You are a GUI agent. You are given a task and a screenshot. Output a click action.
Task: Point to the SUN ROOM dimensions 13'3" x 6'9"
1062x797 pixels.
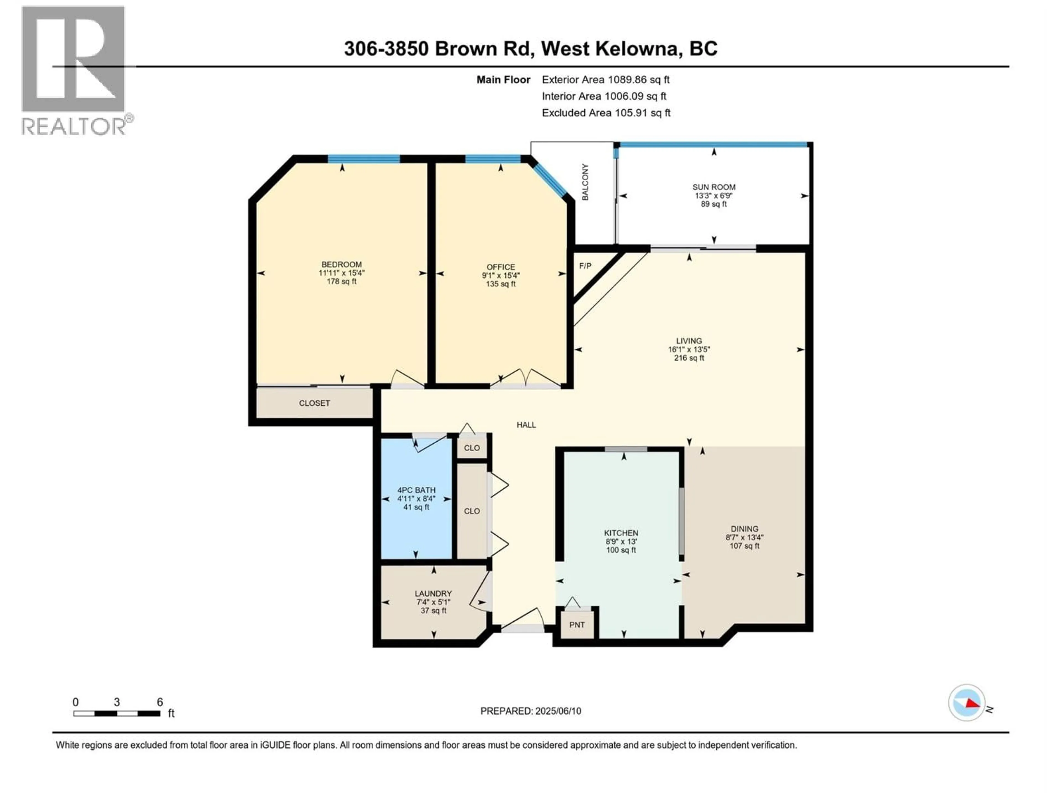click(714, 196)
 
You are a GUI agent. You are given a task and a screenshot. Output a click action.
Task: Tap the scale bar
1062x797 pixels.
click(117, 713)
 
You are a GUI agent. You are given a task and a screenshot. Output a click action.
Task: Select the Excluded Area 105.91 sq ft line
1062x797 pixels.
click(606, 113)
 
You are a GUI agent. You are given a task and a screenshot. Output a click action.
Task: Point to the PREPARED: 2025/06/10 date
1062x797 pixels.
click(530, 711)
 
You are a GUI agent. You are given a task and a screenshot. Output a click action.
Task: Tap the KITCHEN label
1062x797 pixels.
click(621, 533)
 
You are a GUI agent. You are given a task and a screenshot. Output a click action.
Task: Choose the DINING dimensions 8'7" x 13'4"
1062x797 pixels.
click(744, 538)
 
